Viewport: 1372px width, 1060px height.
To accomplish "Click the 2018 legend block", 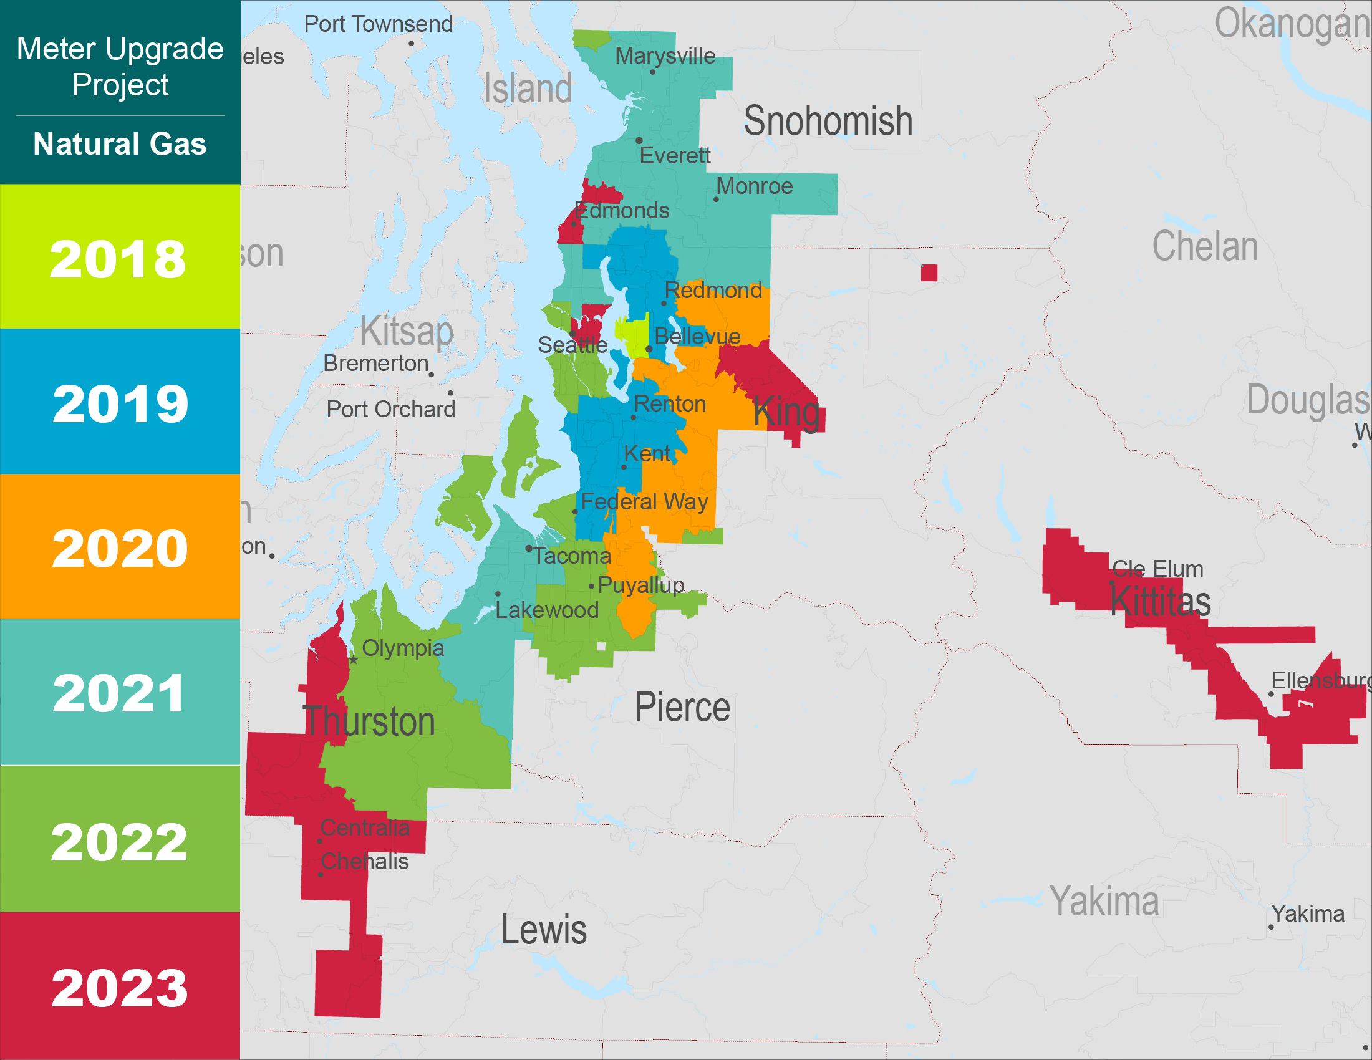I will (x=119, y=258).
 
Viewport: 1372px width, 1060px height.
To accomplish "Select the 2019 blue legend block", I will (x=119, y=402).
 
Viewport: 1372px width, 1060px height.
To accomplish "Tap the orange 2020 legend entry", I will (x=119, y=547).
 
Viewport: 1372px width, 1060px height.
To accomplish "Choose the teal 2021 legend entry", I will (x=119, y=692).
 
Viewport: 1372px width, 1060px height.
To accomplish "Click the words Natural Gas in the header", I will (x=119, y=143).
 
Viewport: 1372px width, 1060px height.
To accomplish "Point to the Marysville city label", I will (x=665, y=56).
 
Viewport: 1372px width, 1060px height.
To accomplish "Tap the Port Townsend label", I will (x=378, y=24).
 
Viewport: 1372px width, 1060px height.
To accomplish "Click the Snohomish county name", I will (x=828, y=120).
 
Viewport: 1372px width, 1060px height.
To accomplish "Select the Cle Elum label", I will (x=1157, y=569).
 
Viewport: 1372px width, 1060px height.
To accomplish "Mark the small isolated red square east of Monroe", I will (x=929, y=272).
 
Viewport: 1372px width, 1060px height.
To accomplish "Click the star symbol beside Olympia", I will (x=354, y=659).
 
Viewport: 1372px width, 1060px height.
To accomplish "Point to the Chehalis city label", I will (x=364, y=862).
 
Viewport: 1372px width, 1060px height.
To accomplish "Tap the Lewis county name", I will (x=543, y=930).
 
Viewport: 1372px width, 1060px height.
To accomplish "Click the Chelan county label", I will (x=1204, y=246).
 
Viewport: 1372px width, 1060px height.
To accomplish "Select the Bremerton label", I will (x=375, y=363).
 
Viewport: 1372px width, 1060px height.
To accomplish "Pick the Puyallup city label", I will (x=640, y=585).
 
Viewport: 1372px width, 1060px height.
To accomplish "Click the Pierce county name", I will (x=682, y=707).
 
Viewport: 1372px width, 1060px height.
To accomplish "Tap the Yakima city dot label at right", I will (x=1307, y=913).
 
